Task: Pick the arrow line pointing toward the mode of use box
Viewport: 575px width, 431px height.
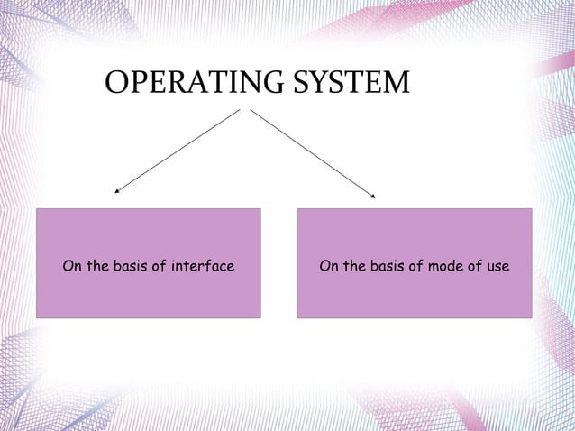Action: click(x=311, y=150)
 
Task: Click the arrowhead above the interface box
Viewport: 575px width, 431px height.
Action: click(x=116, y=191)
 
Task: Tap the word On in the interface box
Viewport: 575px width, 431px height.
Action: click(x=71, y=267)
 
